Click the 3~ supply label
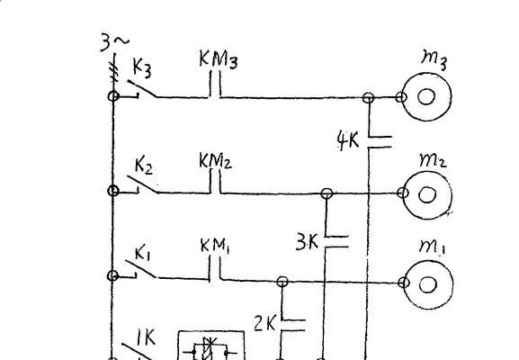click(114, 42)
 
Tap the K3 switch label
click(142, 68)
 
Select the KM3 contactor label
click(219, 59)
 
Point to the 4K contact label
click(347, 140)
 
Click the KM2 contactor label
click(215, 160)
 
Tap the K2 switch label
click(144, 166)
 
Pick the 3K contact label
click(307, 242)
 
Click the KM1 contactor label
click(215, 246)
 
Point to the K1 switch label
click(143, 254)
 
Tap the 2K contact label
click(264, 324)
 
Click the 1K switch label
click(146, 337)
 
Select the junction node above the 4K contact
click(369, 98)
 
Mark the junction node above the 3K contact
click(327, 193)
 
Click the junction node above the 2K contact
click(282, 282)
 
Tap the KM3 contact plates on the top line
click(215, 85)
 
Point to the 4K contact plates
click(380, 141)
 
